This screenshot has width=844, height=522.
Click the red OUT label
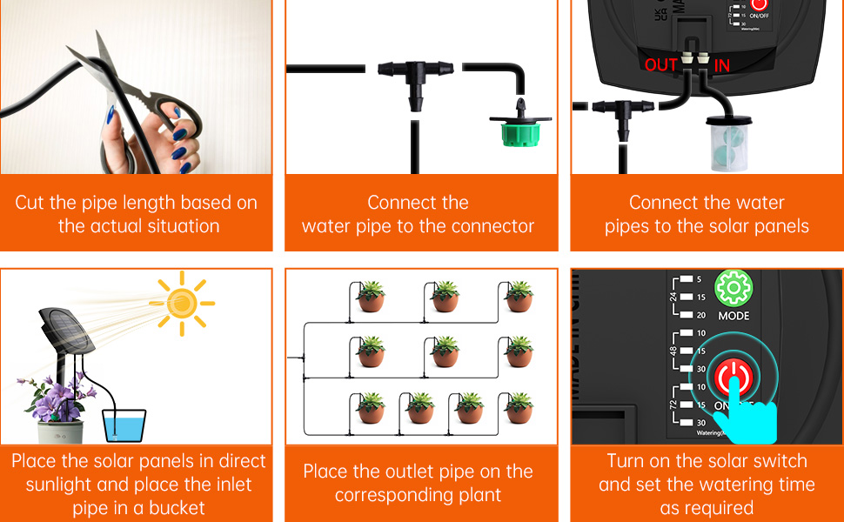pos(661,65)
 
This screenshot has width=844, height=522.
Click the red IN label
pos(722,65)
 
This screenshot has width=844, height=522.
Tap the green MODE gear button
pos(733,288)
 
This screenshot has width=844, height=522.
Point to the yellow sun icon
pos(182,303)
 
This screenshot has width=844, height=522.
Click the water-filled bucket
pos(124,425)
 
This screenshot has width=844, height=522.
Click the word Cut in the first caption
pos(30,203)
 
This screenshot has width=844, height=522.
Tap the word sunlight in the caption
pos(64,485)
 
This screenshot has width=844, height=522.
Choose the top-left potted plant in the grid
pos(371,296)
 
